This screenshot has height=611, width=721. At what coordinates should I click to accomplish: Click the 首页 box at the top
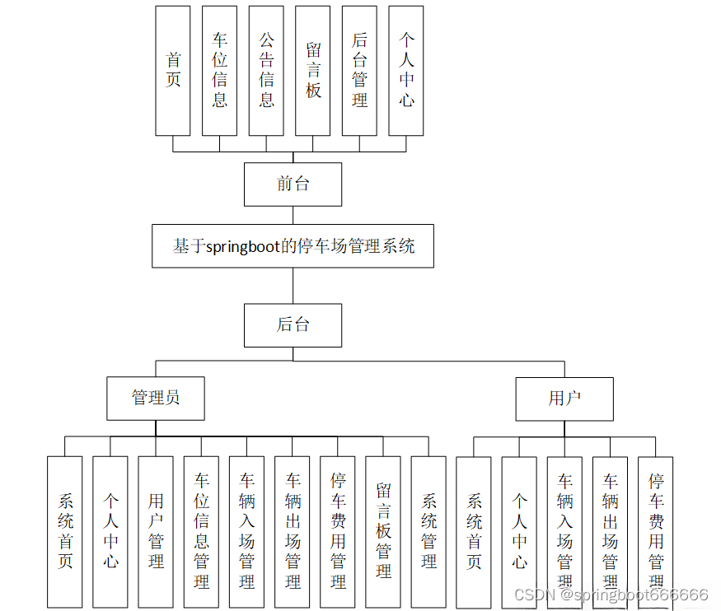(x=173, y=71)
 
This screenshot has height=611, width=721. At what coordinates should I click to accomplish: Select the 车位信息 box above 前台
(x=219, y=71)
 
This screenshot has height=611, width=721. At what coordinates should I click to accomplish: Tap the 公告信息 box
(x=266, y=71)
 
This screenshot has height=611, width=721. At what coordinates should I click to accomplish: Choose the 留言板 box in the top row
(x=313, y=71)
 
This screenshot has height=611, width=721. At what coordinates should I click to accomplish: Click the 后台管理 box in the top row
(x=359, y=71)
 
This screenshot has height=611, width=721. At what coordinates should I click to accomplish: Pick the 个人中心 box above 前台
(x=406, y=71)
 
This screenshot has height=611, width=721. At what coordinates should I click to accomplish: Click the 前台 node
(x=293, y=184)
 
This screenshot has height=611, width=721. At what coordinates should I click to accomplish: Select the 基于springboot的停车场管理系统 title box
(x=293, y=245)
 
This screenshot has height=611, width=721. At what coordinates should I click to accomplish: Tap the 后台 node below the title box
(x=293, y=324)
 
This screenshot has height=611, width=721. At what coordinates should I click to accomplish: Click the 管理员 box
(x=156, y=398)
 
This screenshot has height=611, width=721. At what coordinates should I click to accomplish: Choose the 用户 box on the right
(x=564, y=398)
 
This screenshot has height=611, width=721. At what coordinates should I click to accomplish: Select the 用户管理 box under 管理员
(x=156, y=531)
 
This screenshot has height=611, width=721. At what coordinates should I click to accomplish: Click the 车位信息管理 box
(x=201, y=531)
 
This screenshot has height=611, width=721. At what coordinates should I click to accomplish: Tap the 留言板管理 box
(x=383, y=531)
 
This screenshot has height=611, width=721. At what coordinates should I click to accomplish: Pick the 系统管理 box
(x=428, y=531)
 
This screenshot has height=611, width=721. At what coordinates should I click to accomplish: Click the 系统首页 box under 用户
(x=474, y=531)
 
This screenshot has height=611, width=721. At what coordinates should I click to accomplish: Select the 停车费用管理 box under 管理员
(x=338, y=531)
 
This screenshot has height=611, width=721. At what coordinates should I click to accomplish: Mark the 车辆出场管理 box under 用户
(x=610, y=531)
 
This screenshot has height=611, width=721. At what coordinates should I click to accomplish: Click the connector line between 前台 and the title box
(x=293, y=214)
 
